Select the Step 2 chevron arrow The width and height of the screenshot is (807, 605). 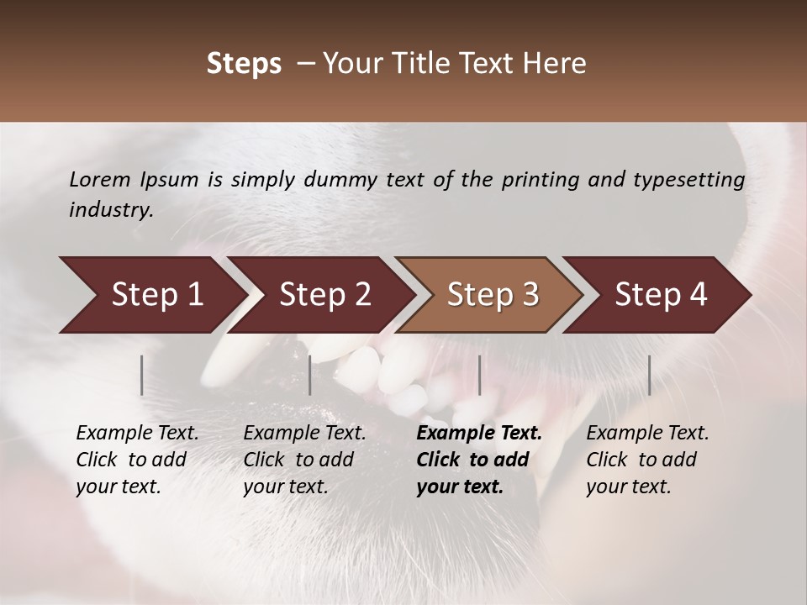click(324, 295)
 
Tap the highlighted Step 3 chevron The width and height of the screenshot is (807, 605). click(492, 295)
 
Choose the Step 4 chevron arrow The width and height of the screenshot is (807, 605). click(660, 295)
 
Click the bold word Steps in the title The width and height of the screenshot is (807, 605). click(244, 64)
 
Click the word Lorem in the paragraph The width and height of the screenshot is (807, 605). click(99, 179)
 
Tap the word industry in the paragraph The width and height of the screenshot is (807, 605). click(110, 209)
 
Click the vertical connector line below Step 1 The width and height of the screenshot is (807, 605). click(142, 375)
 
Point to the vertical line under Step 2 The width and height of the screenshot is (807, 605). click(310, 375)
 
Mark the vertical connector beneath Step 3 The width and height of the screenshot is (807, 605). click(479, 375)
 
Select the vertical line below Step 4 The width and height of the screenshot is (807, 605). click(649, 375)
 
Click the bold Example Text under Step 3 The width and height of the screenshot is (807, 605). click(479, 434)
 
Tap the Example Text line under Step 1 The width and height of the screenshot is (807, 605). click(137, 434)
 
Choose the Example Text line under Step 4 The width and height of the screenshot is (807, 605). click(647, 434)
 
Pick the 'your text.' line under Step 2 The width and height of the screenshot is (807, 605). click(285, 487)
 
